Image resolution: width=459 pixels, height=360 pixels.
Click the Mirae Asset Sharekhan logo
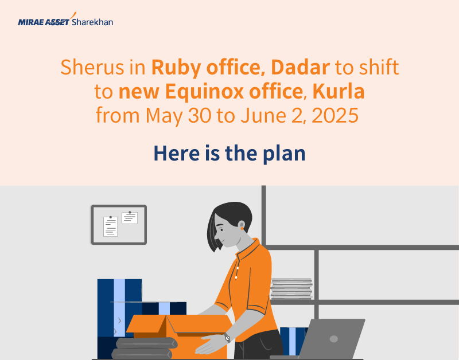coord(65,22)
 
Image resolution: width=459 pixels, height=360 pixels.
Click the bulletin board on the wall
coord(119,224)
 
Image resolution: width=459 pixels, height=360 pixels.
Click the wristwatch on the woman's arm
coord(227,338)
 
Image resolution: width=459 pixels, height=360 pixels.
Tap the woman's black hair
coord(227,221)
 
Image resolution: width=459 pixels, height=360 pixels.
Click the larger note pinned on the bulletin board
coord(110,226)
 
